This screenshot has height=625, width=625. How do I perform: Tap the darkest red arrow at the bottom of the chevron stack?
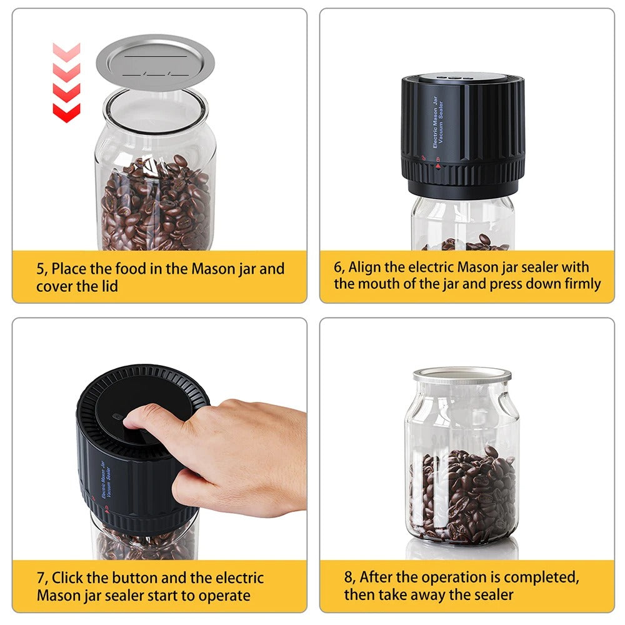67,112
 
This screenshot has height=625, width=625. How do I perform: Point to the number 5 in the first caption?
41,269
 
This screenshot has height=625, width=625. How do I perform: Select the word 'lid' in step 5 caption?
109,286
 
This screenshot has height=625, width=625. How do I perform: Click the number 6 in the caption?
338,267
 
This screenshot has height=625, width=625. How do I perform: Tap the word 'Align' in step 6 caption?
365,267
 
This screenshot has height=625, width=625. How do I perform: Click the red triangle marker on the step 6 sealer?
438,166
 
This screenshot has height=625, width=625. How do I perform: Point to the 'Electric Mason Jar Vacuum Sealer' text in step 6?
438,122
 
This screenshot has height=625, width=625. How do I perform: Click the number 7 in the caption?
41,578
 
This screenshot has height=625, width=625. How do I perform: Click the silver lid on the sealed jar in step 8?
462,376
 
